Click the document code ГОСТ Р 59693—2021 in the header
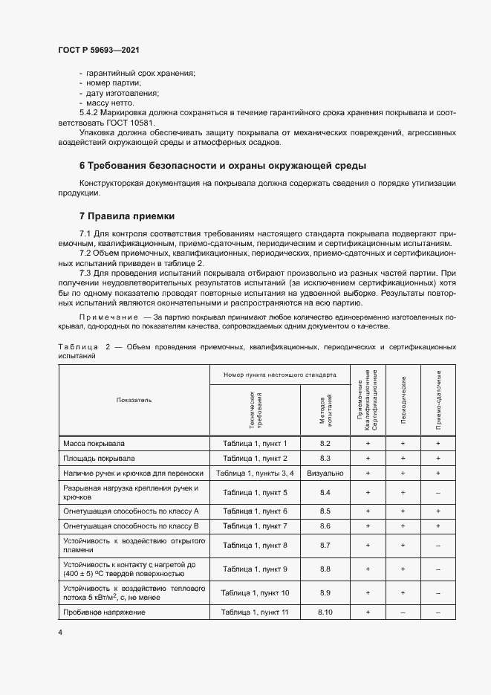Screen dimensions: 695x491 pyautogui.click(x=99, y=51)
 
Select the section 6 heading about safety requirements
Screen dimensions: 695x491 pyautogui.click(x=223, y=165)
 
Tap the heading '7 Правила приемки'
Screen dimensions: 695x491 pyautogui.click(x=127, y=216)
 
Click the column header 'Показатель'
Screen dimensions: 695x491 pyautogui.click(x=134, y=399)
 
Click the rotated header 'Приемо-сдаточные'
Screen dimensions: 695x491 pyautogui.click(x=438, y=400)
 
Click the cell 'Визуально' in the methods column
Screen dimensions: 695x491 pyautogui.click(x=325, y=473)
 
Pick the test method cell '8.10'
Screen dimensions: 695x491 pyautogui.click(x=325, y=612)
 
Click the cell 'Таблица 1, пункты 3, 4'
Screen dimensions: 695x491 pyautogui.click(x=255, y=473)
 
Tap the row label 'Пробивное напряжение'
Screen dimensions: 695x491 pyautogui.click(x=105, y=612)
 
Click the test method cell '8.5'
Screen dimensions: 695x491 pyautogui.click(x=325, y=511)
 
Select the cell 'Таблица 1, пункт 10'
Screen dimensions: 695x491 pyautogui.click(x=255, y=592)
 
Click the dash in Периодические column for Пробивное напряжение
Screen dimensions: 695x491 pyautogui.click(x=403, y=612)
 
